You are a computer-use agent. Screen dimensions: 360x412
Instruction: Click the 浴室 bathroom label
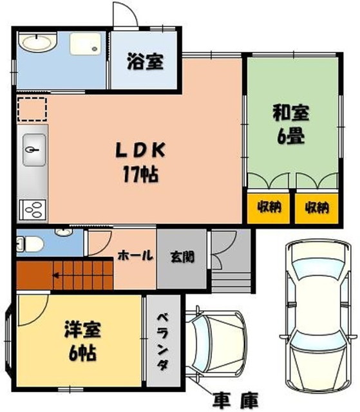(x=145, y=62)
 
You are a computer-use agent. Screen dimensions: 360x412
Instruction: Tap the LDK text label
(x=140, y=150)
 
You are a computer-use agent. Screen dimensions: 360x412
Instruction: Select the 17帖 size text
(x=140, y=174)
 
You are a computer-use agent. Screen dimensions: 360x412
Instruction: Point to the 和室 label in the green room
(x=290, y=113)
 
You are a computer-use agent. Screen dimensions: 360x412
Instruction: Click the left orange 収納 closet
(x=269, y=209)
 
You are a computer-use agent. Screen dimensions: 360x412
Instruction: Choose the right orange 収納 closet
(x=316, y=209)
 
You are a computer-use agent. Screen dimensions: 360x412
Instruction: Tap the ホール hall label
(x=135, y=256)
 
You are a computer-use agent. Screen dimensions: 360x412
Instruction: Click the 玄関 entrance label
(x=182, y=257)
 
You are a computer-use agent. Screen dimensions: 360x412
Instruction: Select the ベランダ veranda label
(x=163, y=342)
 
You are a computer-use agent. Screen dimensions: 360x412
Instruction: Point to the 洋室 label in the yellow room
(x=82, y=329)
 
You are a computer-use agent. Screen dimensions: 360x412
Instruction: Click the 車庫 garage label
(x=236, y=400)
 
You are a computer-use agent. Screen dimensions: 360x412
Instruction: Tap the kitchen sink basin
(x=34, y=150)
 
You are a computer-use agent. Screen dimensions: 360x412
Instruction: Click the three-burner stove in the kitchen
(x=33, y=209)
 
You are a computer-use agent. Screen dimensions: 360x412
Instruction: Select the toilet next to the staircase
(x=30, y=244)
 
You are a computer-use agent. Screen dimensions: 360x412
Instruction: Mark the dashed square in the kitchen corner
(x=32, y=109)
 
